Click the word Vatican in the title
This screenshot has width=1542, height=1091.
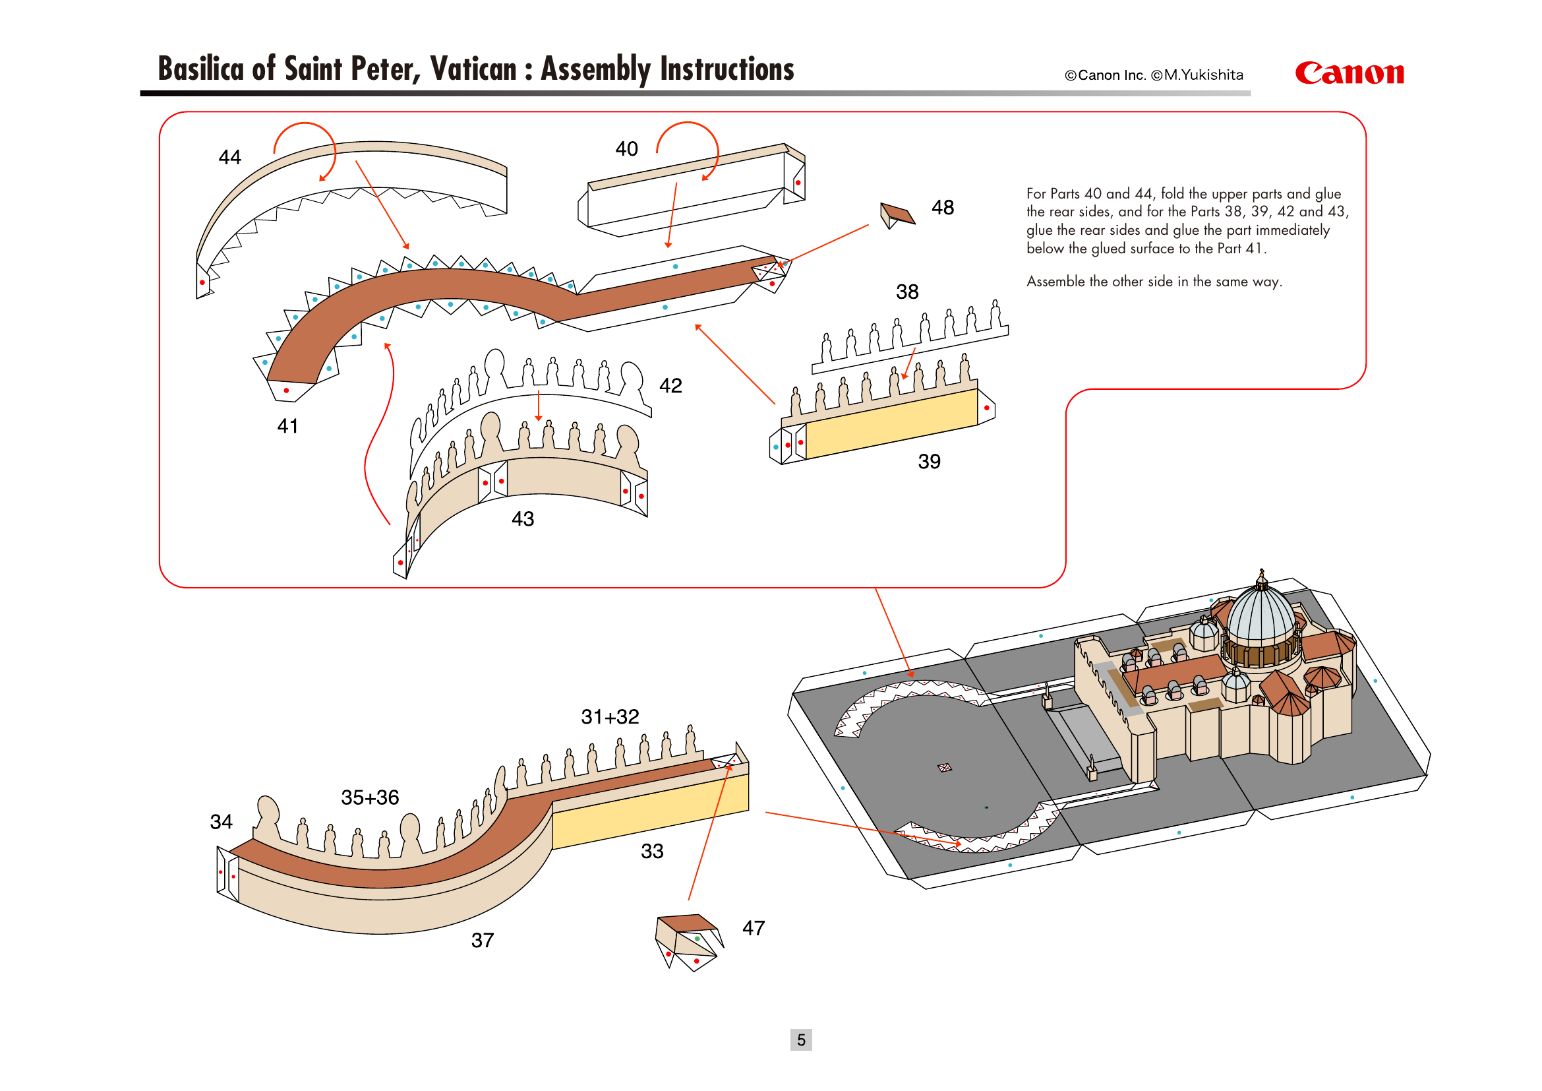click(473, 69)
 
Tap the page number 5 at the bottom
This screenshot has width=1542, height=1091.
click(800, 1040)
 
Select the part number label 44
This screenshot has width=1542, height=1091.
click(229, 157)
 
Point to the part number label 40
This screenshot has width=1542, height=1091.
click(626, 148)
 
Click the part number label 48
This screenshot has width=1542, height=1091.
click(942, 208)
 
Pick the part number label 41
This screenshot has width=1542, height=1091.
click(287, 426)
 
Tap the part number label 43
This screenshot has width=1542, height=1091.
click(523, 518)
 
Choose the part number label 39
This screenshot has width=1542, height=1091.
click(929, 462)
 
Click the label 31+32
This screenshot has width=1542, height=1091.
click(610, 717)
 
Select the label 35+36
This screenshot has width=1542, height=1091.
click(370, 797)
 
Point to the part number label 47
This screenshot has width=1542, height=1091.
click(754, 928)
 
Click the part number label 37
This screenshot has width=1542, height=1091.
click(482, 940)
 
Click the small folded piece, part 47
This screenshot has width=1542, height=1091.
click(688, 941)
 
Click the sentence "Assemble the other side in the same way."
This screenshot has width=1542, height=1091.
click(1154, 282)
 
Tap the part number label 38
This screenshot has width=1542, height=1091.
click(906, 292)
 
